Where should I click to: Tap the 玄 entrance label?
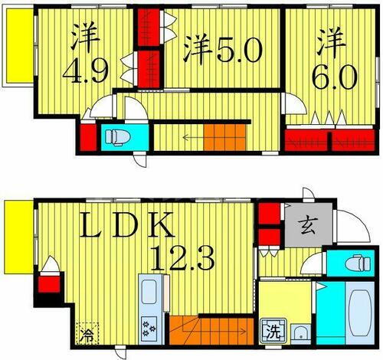308,227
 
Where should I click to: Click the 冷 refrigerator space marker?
87,334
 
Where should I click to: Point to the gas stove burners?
149,329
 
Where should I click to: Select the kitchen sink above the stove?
149,294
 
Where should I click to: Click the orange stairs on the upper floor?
223,138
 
